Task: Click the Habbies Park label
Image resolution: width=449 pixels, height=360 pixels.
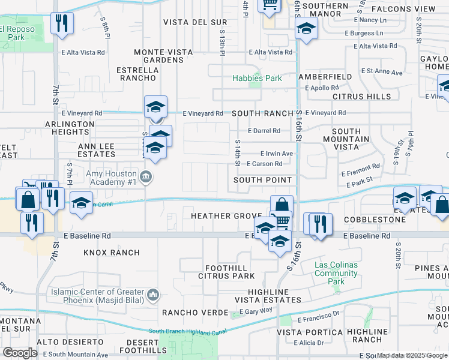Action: (x=257, y=78)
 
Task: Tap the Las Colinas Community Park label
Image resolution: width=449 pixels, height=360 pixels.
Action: (x=336, y=274)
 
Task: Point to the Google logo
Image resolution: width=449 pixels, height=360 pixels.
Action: (x=20, y=352)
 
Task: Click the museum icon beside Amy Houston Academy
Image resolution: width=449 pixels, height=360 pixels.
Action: (x=146, y=176)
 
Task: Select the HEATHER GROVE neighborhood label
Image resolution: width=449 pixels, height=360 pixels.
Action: (x=226, y=216)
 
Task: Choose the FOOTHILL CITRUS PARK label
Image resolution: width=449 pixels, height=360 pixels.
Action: (x=229, y=272)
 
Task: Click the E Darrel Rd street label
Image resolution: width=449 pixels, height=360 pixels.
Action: (x=264, y=131)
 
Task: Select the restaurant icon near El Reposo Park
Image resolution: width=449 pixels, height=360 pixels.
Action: (x=61, y=24)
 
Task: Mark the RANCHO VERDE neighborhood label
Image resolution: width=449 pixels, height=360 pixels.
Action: (x=195, y=313)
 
